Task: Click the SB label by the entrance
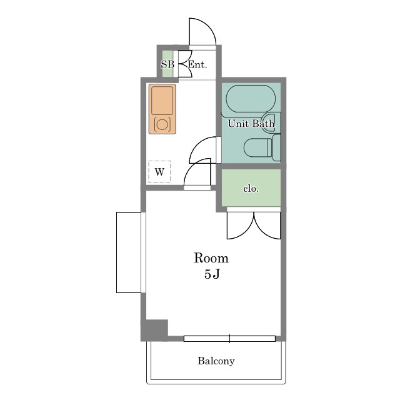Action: tap(167, 64)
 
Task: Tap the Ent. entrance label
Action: tap(197, 64)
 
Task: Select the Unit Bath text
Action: tap(251, 124)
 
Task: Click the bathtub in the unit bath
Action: tap(251, 99)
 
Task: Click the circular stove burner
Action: tap(162, 124)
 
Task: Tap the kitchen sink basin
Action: tap(162, 100)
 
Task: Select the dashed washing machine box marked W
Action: tap(159, 172)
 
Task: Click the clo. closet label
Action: tap(251, 189)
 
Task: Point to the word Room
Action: tap(211, 258)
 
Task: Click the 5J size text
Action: tap(212, 274)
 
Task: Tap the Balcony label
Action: tap(216, 361)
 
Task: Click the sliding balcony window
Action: tap(229, 339)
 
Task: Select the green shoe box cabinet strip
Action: tap(167, 64)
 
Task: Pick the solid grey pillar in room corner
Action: tap(154, 330)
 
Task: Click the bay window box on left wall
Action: tap(129, 252)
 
